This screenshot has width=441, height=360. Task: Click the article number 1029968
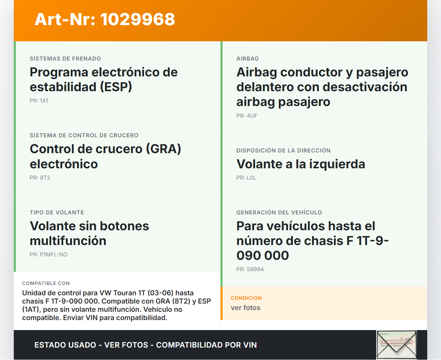click(137, 19)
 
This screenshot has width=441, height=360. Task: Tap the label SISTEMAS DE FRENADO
click(65, 59)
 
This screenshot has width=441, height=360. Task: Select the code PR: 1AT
click(39, 101)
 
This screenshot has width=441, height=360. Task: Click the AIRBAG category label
click(248, 59)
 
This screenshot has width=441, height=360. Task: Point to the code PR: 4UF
click(247, 116)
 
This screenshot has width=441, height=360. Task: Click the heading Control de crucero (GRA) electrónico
click(105, 156)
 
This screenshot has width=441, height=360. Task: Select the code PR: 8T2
click(40, 178)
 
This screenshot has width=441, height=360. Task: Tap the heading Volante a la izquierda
click(301, 164)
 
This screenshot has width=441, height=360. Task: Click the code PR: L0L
click(246, 178)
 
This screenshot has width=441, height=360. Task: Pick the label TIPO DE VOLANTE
click(57, 212)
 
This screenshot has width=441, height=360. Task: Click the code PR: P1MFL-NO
click(49, 254)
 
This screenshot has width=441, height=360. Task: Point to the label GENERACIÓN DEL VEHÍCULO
click(279, 212)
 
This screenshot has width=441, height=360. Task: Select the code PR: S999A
click(250, 269)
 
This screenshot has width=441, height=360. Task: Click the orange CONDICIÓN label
click(246, 298)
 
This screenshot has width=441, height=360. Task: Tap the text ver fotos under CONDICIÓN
click(246, 308)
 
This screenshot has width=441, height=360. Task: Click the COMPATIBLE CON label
click(46, 283)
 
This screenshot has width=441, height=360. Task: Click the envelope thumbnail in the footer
click(397, 345)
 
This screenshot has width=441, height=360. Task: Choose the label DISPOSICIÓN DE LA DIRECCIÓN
click(284, 151)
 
